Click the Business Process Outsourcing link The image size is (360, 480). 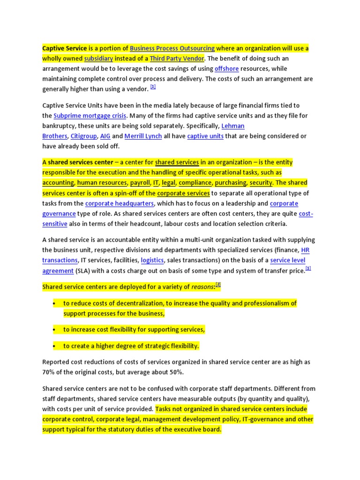[172, 48]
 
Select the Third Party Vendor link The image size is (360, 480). [177, 59]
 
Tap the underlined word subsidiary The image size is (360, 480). [98, 59]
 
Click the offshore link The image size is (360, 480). [226, 69]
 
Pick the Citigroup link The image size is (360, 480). [83, 136]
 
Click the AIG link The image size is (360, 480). [105, 136]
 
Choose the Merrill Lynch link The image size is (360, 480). [143, 136]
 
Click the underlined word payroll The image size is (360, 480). [141, 183]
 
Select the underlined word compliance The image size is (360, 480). [195, 183]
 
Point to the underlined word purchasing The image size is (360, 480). [231, 183]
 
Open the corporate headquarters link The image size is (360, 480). [119, 203]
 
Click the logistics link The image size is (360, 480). [152, 260]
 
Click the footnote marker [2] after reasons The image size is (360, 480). [218, 285]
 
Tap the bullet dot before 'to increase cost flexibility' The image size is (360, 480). [54, 330]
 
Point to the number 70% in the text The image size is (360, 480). [49, 373]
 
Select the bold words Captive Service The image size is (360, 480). [65, 48]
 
